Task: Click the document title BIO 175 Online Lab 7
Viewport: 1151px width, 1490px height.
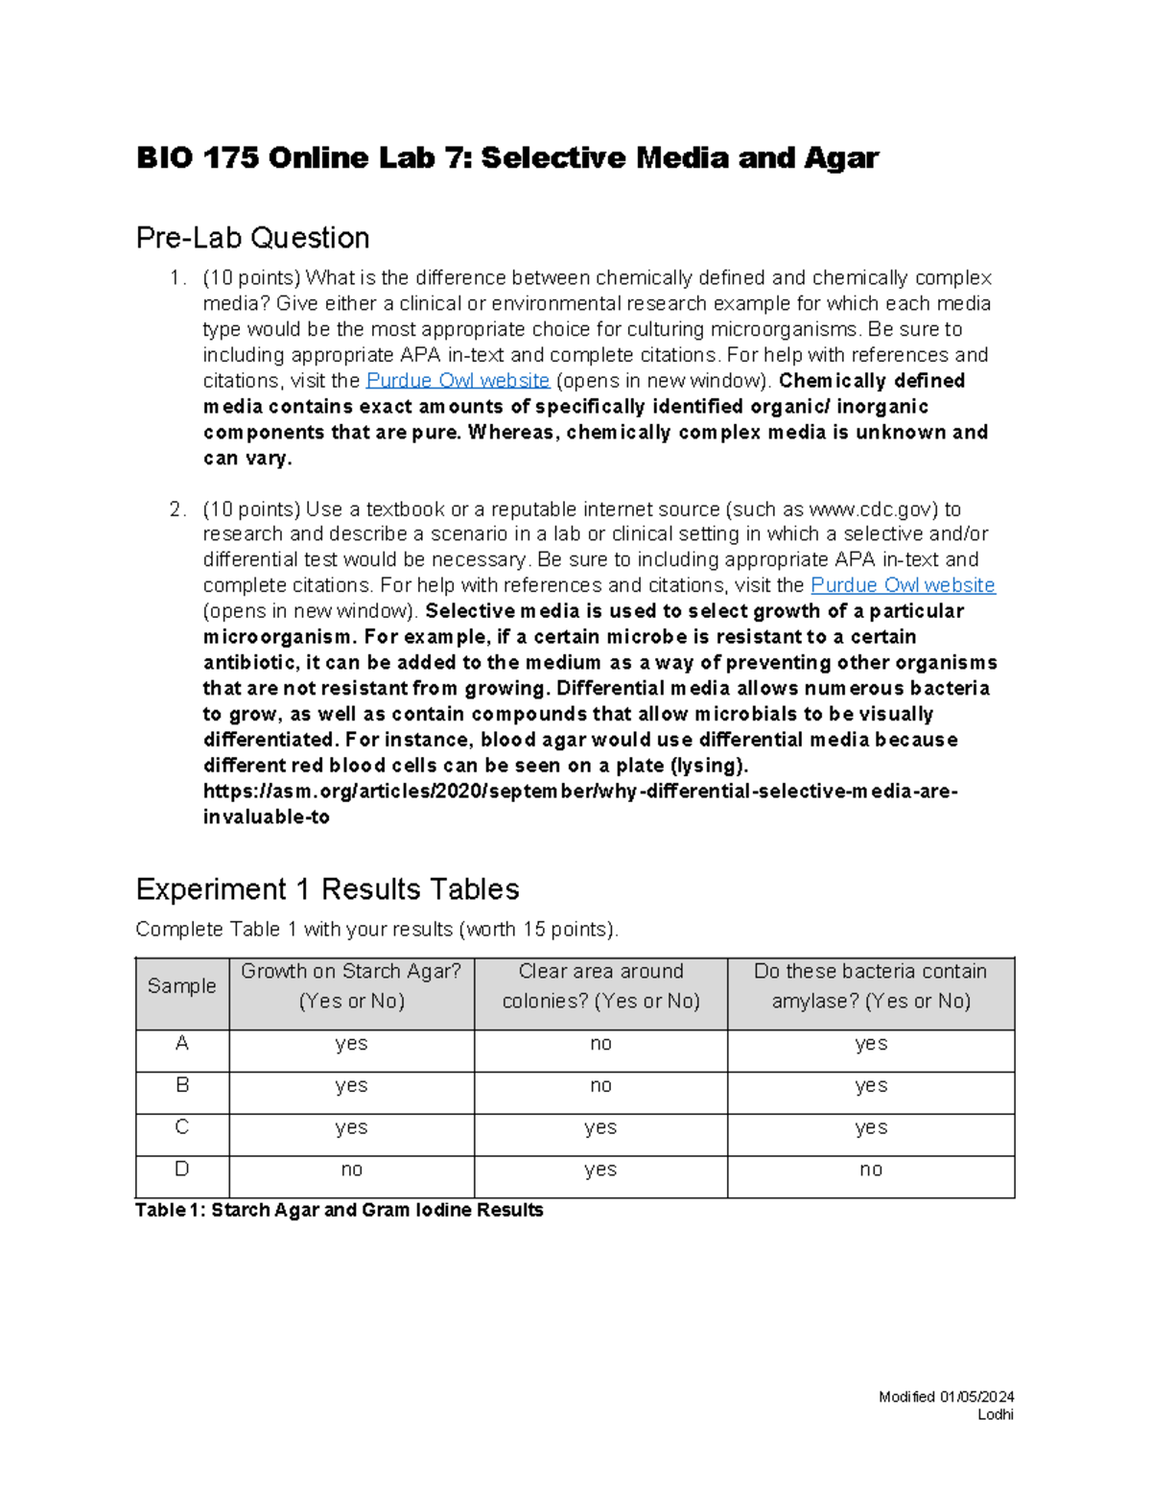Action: tap(506, 158)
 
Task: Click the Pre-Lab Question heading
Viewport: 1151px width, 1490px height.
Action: tap(252, 237)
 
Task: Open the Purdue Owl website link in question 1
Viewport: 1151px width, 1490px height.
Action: tap(458, 381)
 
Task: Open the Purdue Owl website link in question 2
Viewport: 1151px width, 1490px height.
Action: tap(903, 585)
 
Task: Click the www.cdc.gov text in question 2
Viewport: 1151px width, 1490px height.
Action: tap(870, 509)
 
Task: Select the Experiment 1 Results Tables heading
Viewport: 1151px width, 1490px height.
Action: tap(327, 889)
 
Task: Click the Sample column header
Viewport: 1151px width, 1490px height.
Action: tap(181, 986)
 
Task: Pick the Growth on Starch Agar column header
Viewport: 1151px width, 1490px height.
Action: tap(351, 986)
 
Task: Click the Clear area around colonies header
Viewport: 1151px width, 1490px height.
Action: tap(600, 986)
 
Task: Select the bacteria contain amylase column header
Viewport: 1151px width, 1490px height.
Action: tap(870, 986)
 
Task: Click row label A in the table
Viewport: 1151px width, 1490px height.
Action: tap(181, 1044)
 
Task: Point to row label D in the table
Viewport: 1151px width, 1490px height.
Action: tap(181, 1170)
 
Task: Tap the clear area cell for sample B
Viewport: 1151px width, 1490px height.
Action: tap(600, 1086)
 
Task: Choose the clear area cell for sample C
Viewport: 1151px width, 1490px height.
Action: tap(600, 1128)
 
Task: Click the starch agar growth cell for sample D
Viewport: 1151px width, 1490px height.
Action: tap(351, 1171)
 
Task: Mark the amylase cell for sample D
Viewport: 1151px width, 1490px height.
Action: tap(870, 1171)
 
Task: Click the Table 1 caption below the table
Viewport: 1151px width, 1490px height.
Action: tap(340, 1211)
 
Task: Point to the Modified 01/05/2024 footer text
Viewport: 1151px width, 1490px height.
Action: tap(946, 1397)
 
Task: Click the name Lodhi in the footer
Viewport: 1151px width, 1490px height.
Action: tap(995, 1415)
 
